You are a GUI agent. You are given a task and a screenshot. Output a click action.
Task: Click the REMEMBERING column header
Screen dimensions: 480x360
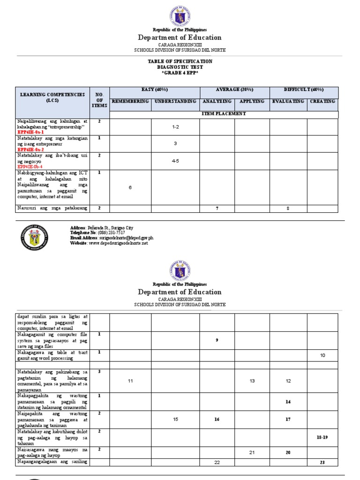130,101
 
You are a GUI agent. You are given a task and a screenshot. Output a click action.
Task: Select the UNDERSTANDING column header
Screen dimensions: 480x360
175,101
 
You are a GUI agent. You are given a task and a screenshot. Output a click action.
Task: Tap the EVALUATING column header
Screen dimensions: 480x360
288,101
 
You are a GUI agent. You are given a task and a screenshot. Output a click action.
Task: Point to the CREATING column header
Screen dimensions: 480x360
322,101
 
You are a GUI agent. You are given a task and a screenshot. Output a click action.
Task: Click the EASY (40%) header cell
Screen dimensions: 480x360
155,90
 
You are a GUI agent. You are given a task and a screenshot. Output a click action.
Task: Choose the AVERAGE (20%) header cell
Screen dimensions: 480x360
234,90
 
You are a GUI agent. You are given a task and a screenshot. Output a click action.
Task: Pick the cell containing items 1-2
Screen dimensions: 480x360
175,127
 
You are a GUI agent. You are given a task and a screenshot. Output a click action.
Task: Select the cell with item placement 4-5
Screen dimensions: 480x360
175,161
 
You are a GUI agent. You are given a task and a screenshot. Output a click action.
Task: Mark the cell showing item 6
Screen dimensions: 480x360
130,187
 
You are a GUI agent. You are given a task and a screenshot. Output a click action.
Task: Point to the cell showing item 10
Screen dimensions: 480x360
322,356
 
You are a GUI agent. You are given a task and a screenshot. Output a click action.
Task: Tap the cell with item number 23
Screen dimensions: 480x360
322,463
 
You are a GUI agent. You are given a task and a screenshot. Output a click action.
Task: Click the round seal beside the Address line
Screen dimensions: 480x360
34,237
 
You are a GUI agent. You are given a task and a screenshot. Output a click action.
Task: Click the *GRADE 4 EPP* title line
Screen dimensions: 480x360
180,73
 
